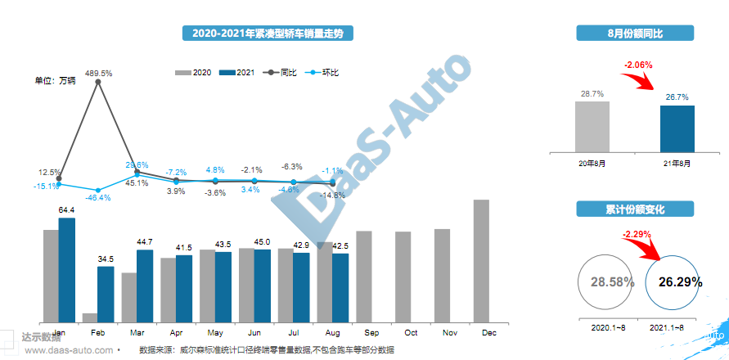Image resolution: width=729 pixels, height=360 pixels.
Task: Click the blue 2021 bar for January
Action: (x=66, y=270)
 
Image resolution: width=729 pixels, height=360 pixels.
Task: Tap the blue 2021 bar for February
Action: (x=106, y=294)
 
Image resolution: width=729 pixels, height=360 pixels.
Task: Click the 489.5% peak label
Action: (x=99, y=74)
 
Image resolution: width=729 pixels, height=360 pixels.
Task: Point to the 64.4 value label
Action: (x=66, y=211)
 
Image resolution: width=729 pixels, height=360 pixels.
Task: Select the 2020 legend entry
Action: (x=193, y=73)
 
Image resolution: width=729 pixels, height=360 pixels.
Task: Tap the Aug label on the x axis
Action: (x=332, y=333)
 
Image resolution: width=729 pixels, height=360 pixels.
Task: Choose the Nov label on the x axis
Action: (x=450, y=333)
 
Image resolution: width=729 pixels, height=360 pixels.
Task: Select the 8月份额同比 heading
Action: (x=635, y=34)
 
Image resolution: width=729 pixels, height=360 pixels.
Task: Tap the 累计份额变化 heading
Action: (x=635, y=208)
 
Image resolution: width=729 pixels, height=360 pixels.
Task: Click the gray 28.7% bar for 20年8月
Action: (x=592, y=127)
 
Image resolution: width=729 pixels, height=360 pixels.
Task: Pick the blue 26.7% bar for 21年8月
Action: (x=677, y=129)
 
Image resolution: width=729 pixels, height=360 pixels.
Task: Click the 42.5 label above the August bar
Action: (x=341, y=246)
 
